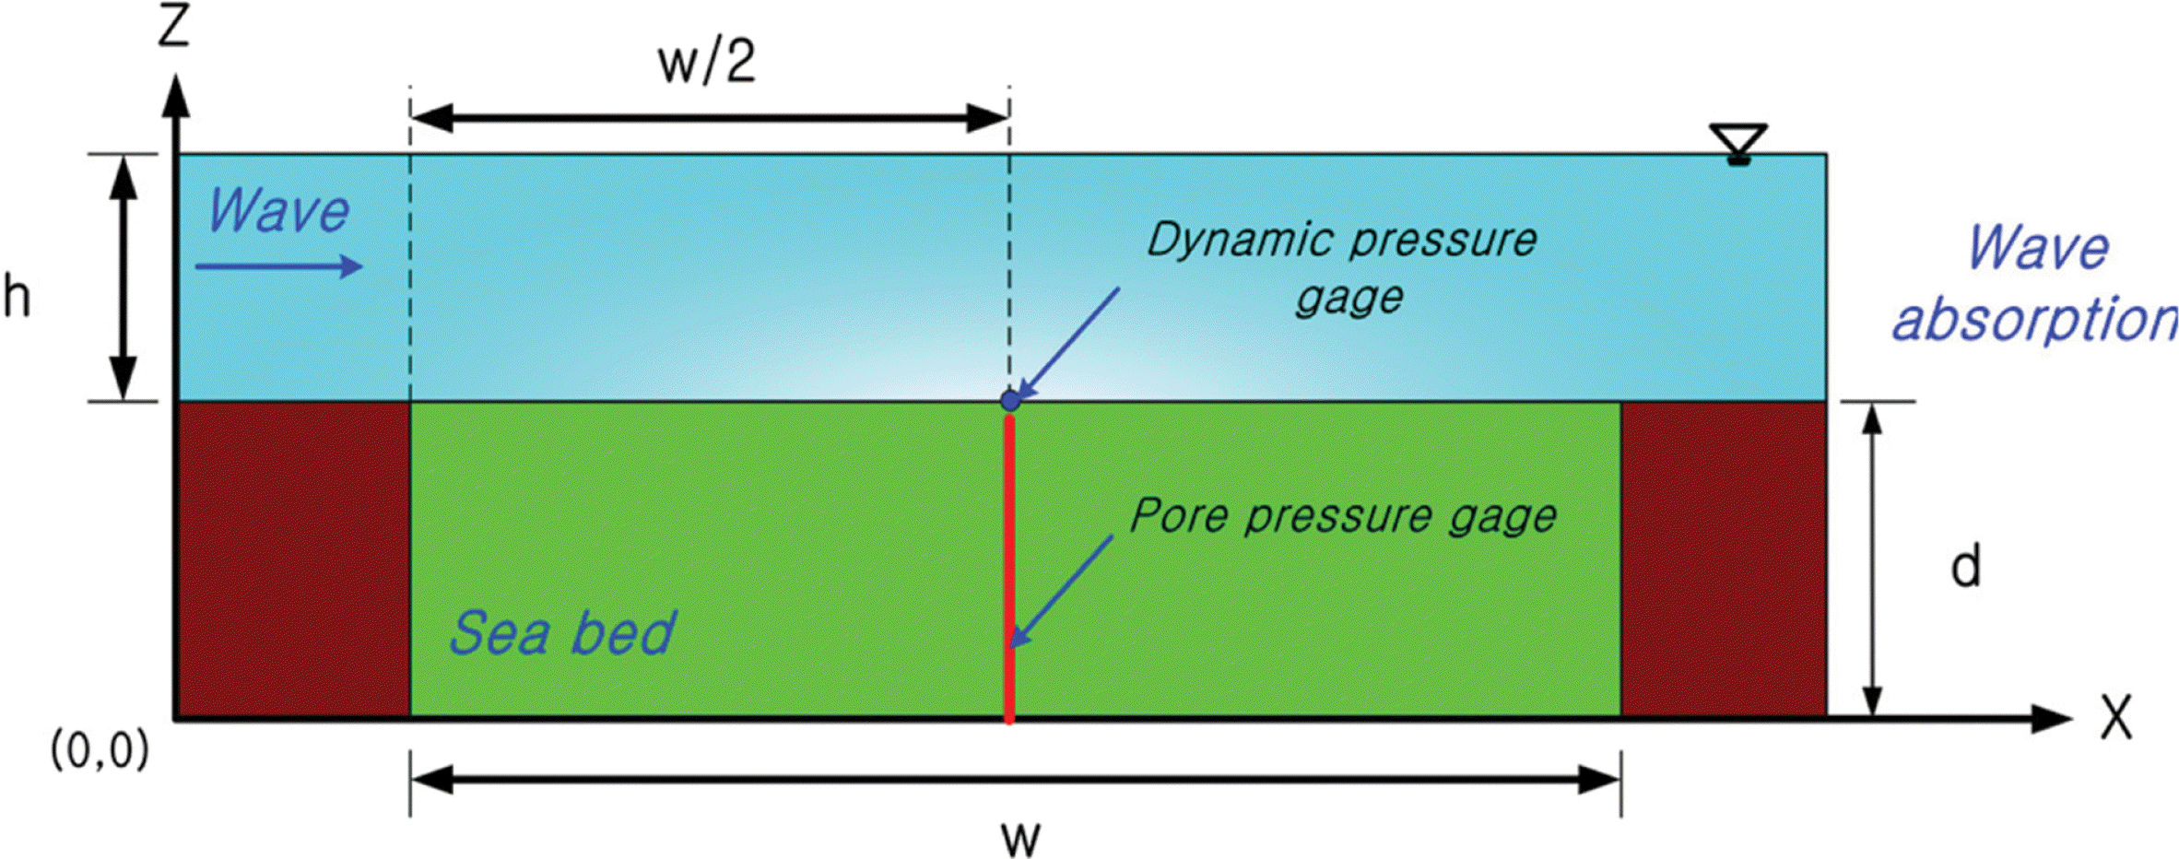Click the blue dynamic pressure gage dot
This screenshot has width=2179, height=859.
pos(1010,401)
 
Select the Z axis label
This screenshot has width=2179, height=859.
pos(173,27)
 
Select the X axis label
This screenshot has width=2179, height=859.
pos(2116,717)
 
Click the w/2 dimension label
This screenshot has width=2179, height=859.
pos(707,63)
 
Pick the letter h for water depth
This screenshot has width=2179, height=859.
pos(17,297)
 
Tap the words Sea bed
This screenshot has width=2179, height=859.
pos(562,633)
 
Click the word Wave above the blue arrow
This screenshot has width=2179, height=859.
pos(278,211)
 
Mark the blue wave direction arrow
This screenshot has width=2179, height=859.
pos(278,267)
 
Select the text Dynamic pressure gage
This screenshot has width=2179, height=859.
pos(1341,267)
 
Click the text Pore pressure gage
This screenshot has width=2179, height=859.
pos(1343,515)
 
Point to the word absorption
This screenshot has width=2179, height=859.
pos(2033,320)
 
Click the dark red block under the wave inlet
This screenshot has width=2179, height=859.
pos(293,559)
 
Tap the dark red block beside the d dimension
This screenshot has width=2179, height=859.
pos(1723,559)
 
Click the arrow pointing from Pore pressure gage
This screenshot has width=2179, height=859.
pos(1062,591)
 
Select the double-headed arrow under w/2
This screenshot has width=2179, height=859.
pos(710,118)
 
